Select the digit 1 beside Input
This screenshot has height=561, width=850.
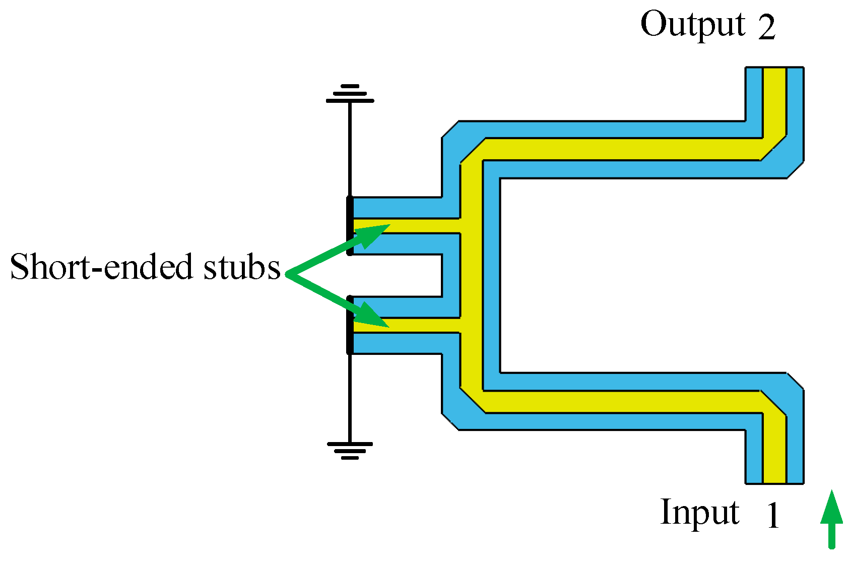coord(773,516)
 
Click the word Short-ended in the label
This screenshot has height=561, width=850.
coord(101,267)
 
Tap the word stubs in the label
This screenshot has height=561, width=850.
coord(242,267)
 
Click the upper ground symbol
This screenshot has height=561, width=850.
coord(350,94)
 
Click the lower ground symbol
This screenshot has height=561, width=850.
coord(350,450)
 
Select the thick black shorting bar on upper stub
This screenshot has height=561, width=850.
coord(349,225)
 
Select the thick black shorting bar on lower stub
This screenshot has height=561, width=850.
coord(349,325)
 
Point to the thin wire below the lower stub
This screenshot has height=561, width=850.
coord(350,398)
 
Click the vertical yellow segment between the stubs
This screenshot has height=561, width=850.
coord(472,275)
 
